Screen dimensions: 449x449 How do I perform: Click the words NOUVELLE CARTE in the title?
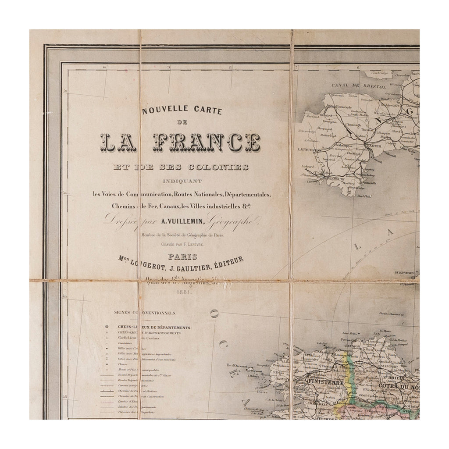point(182,110)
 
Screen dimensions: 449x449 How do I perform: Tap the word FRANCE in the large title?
point(206,143)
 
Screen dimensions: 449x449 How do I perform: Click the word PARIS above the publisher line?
point(182,257)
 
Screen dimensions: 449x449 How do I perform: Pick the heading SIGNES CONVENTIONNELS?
point(145,313)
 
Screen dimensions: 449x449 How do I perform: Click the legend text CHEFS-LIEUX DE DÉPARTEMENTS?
point(153,328)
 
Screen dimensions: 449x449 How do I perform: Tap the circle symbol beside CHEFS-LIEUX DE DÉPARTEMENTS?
point(107,328)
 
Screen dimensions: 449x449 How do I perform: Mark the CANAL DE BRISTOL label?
point(359,86)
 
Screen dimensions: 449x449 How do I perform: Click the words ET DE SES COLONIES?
point(181,167)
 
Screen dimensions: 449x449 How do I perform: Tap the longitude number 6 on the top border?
point(358,68)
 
